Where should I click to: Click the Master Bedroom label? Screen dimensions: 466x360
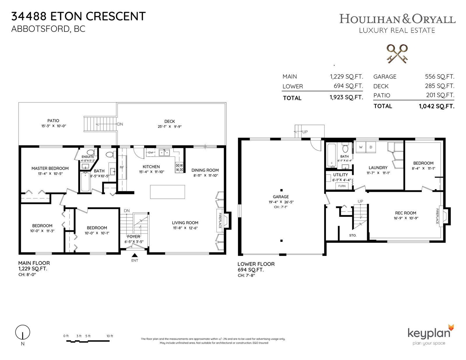click(x=50, y=169)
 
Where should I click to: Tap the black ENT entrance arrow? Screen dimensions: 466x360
click(x=135, y=255)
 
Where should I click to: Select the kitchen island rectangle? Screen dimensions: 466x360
click(x=167, y=192)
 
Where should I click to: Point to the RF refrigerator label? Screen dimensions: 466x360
click(x=122, y=167)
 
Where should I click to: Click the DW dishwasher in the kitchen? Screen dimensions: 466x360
click(x=151, y=152)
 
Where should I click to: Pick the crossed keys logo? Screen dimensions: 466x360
click(x=397, y=54)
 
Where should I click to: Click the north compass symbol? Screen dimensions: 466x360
click(x=22, y=332)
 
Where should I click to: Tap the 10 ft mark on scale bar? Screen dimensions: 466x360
click(x=110, y=336)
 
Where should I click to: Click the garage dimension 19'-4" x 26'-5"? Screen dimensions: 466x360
click(x=281, y=202)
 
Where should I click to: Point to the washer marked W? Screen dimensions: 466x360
click(x=361, y=147)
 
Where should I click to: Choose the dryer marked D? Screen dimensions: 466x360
click(x=371, y=147)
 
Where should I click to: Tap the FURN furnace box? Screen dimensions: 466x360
click(x=342, y=186)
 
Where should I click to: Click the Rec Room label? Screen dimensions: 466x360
click(x=405, y=213)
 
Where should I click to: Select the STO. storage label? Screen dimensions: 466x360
click(x=353, y=235)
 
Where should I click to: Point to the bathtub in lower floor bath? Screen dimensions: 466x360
click(x=331, y=156)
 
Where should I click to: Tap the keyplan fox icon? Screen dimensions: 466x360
click(x=451, y=328)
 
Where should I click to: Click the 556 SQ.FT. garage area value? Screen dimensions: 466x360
click(x=439, y=77)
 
